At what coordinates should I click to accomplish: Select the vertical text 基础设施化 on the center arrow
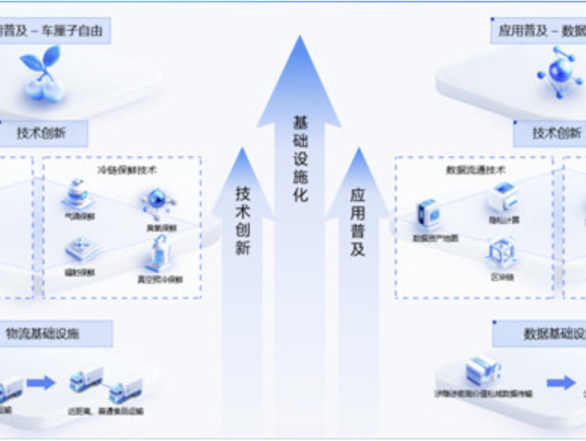(x=300, y=158)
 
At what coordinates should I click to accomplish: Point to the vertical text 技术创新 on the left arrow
(x=242, y=219)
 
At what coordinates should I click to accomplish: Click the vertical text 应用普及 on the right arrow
(x=357, y=222)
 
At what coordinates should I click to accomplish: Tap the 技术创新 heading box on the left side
(x=41, y=133)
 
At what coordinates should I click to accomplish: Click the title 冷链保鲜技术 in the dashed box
(x=127, y=170)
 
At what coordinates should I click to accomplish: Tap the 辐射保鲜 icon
(x=81, y=247)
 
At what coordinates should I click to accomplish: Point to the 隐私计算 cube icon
(x=502, y=197)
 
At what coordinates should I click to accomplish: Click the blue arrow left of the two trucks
(x=41, y=382)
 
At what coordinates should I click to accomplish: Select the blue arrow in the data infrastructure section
(x=560, y=382)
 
